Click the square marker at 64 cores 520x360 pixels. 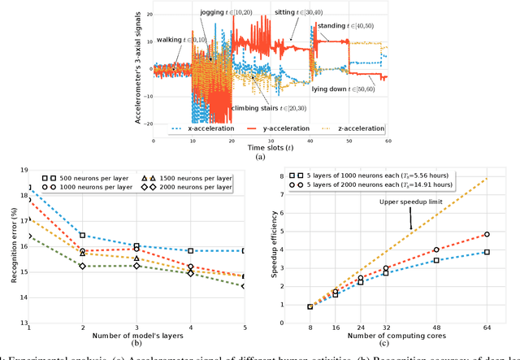[x=487, y=253]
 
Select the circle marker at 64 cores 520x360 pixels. [x=487, y=234]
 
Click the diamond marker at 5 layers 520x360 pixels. [x=245, y=286]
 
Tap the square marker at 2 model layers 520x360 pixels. [x=83, y=236]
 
